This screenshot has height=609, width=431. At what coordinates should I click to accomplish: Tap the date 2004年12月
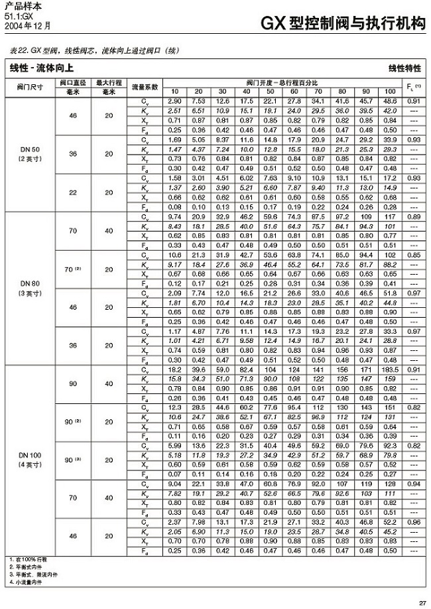27,27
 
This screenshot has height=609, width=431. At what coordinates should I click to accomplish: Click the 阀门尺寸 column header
30,87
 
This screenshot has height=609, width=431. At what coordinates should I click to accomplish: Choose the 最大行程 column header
108,83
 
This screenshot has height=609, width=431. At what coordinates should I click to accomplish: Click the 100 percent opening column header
390,91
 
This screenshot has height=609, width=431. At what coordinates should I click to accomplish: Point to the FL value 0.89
414,216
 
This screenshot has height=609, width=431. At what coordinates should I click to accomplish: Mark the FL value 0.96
414,523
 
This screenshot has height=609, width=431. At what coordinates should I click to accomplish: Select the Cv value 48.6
390,100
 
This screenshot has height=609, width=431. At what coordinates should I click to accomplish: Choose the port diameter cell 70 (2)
72,270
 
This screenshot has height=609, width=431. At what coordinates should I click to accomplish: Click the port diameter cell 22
72,192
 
